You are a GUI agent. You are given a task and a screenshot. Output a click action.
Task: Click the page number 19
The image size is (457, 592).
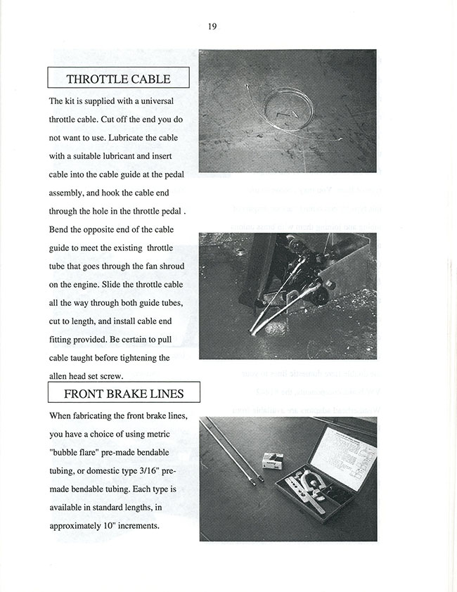click(x=212, y=27)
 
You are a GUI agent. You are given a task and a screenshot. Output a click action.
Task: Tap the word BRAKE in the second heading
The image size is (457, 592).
click(x=124, y=393)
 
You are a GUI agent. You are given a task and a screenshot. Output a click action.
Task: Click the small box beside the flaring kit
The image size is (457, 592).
click(x=272, y=461)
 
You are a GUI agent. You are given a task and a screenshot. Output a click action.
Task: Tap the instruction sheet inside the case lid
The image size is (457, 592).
click(x=343, y=457)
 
